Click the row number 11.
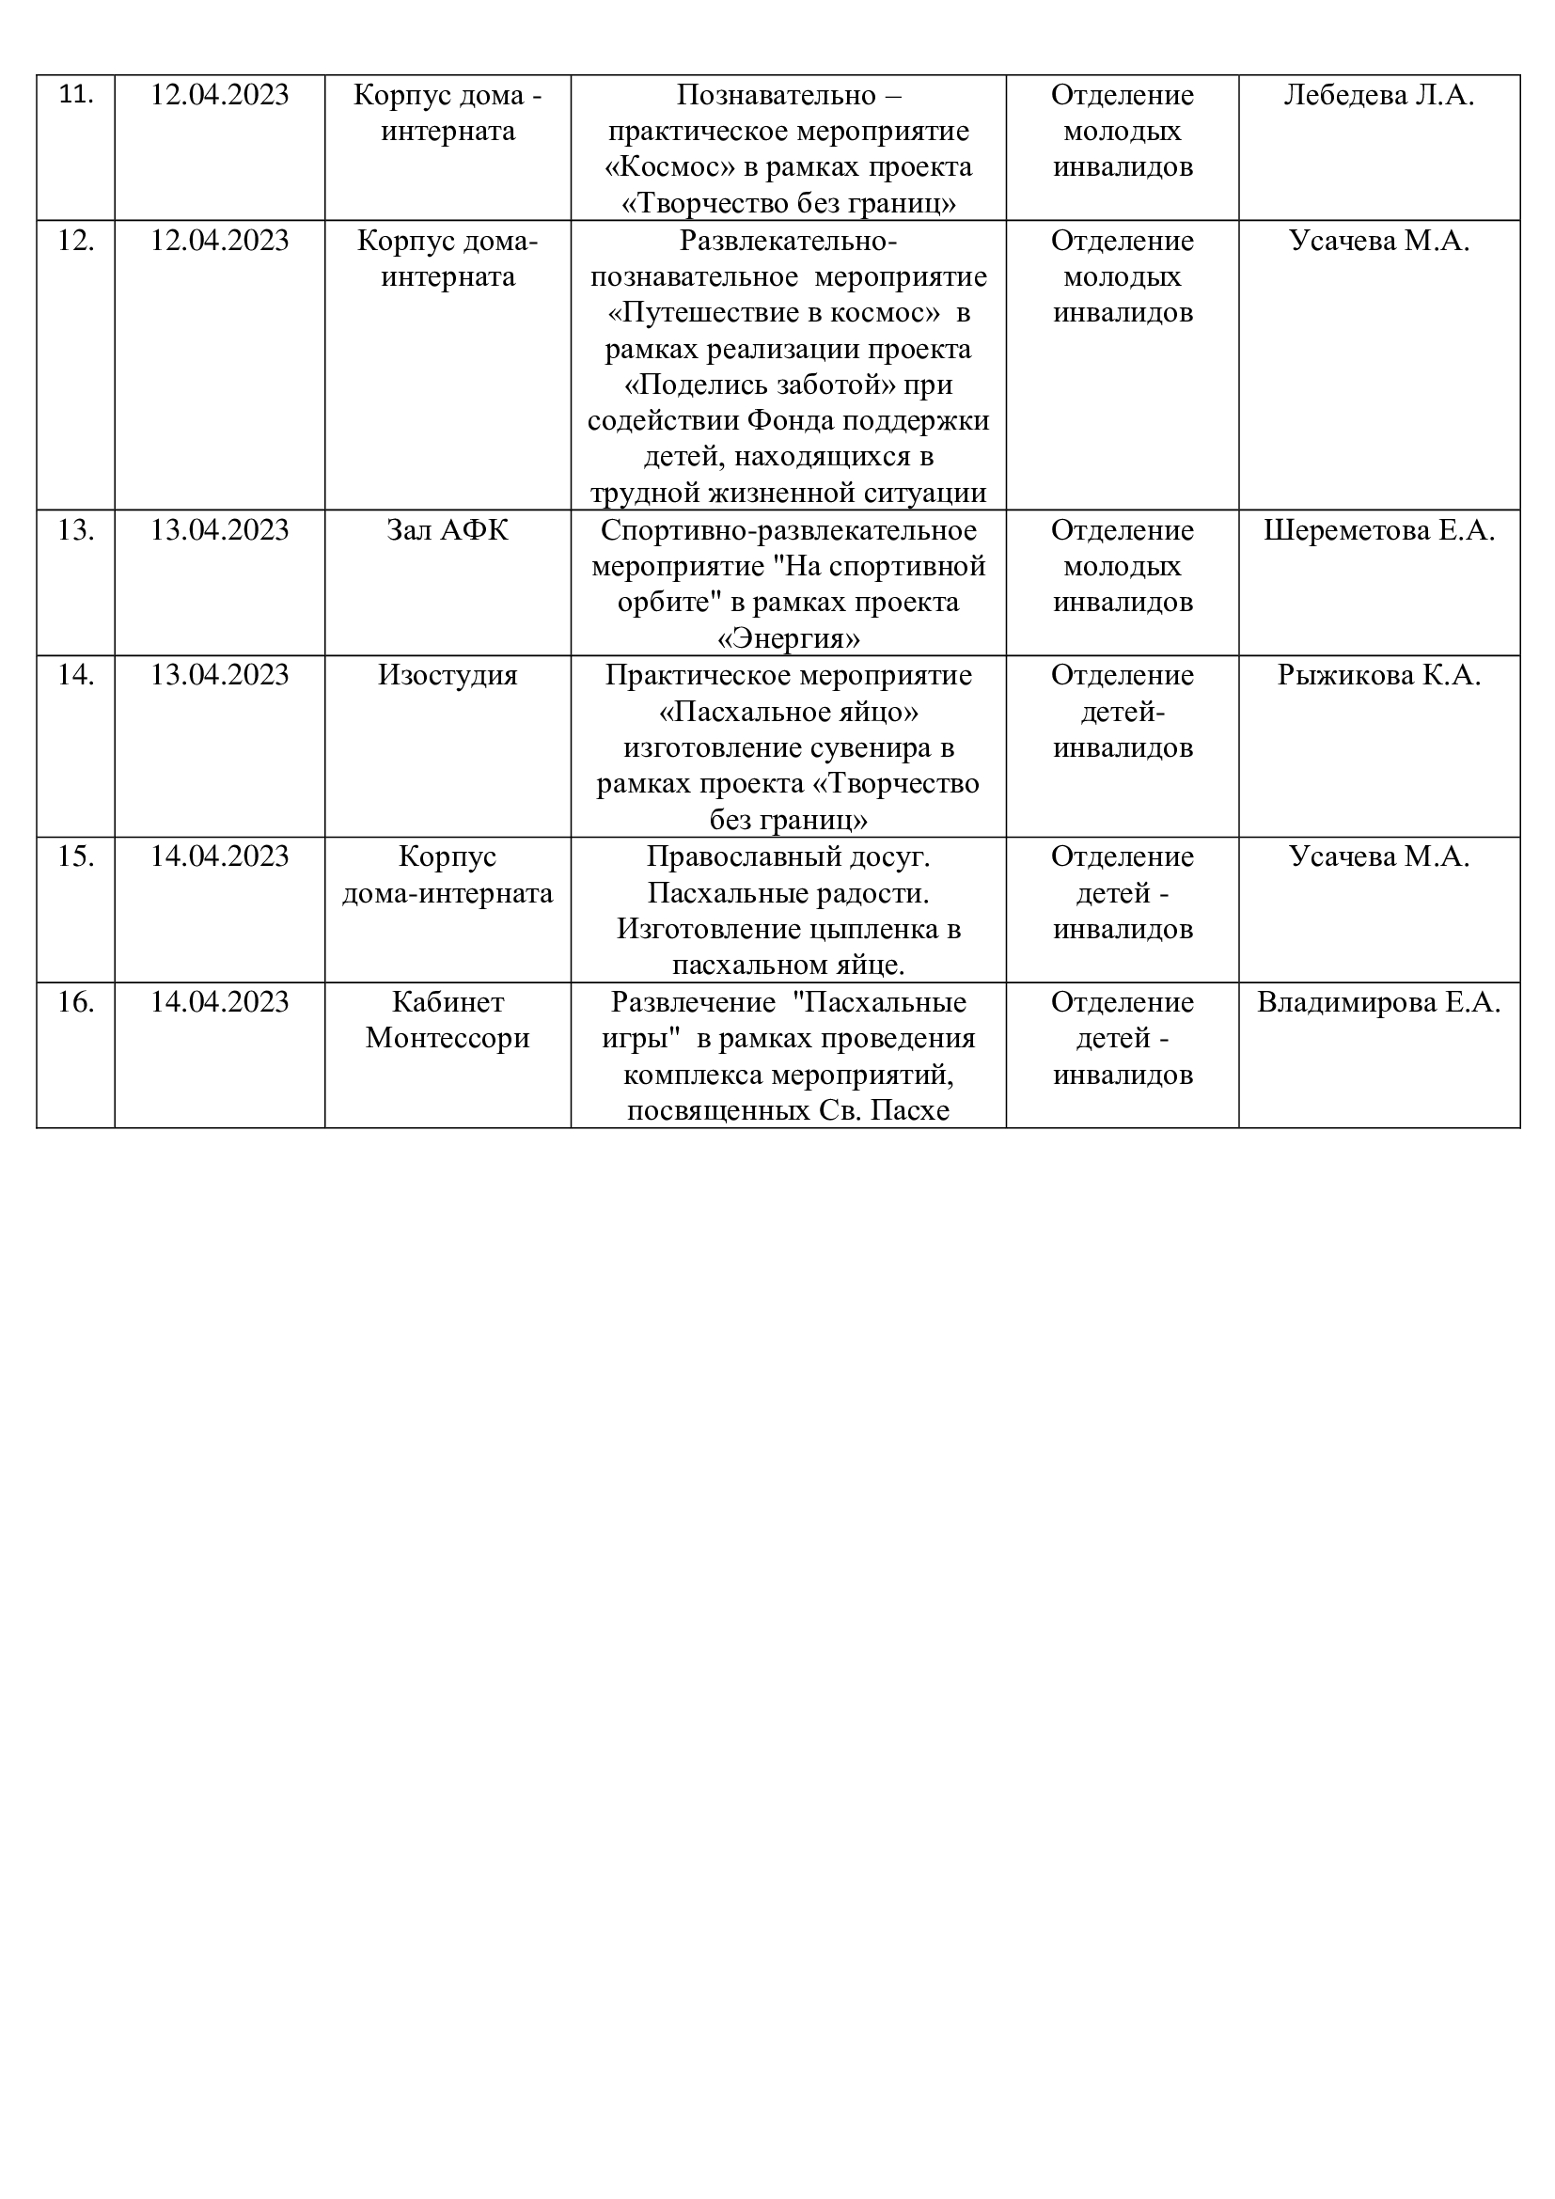(x=75, y=95)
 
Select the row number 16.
(x=75, y=1002)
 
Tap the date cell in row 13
(x=219, y=529)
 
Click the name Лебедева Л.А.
(x=1379, y=95)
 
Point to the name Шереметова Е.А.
(x=1379, y=529)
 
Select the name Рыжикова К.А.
(x=1379, y=675)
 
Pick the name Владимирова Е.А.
(x=1379, y=1002)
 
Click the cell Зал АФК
(x=448, y=529)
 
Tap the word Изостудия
(x=448, y=675)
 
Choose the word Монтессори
(x=448, y=1038)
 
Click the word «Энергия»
(x=788, y=638)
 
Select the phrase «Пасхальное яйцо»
(x=788, y=712)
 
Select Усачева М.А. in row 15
(x=1379, y=856)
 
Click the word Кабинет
(x=448, y=1002)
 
